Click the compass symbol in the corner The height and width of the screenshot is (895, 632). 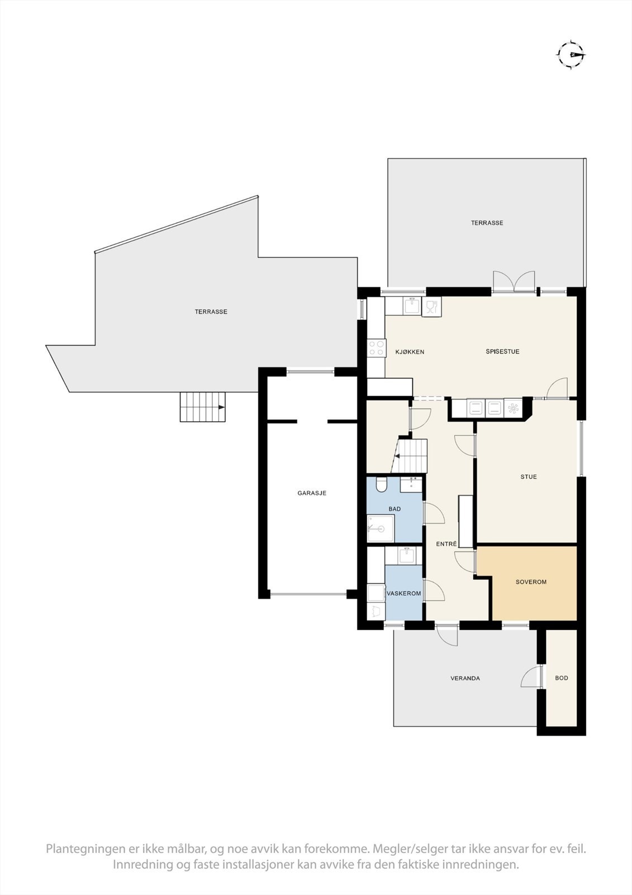point(571,55)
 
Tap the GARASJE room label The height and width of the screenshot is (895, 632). point(312,493)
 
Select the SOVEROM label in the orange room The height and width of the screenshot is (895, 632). point(531,582)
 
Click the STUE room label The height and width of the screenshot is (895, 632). point(529,477)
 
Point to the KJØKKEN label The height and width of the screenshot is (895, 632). point(410,352)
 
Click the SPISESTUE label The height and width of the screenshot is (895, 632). point(502,351)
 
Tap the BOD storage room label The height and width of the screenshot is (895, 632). point(562,678)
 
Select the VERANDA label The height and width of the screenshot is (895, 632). point(465,678)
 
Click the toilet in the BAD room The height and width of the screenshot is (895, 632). point(382,484)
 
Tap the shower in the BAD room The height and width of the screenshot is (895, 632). point(381,529)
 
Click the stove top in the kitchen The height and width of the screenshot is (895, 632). point(376,348)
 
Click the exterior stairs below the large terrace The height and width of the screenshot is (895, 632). point(202,407)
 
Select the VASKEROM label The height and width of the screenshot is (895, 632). point(403,593)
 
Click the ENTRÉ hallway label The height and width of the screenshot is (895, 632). point(446,543)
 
